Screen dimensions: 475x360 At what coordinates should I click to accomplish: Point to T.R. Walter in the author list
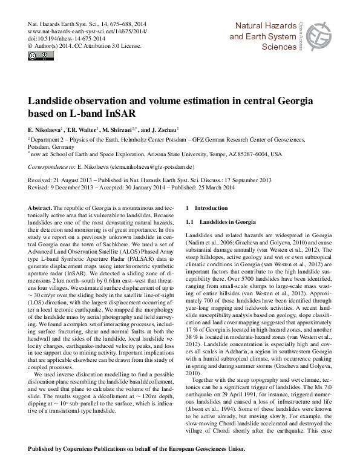coord(81,130)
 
